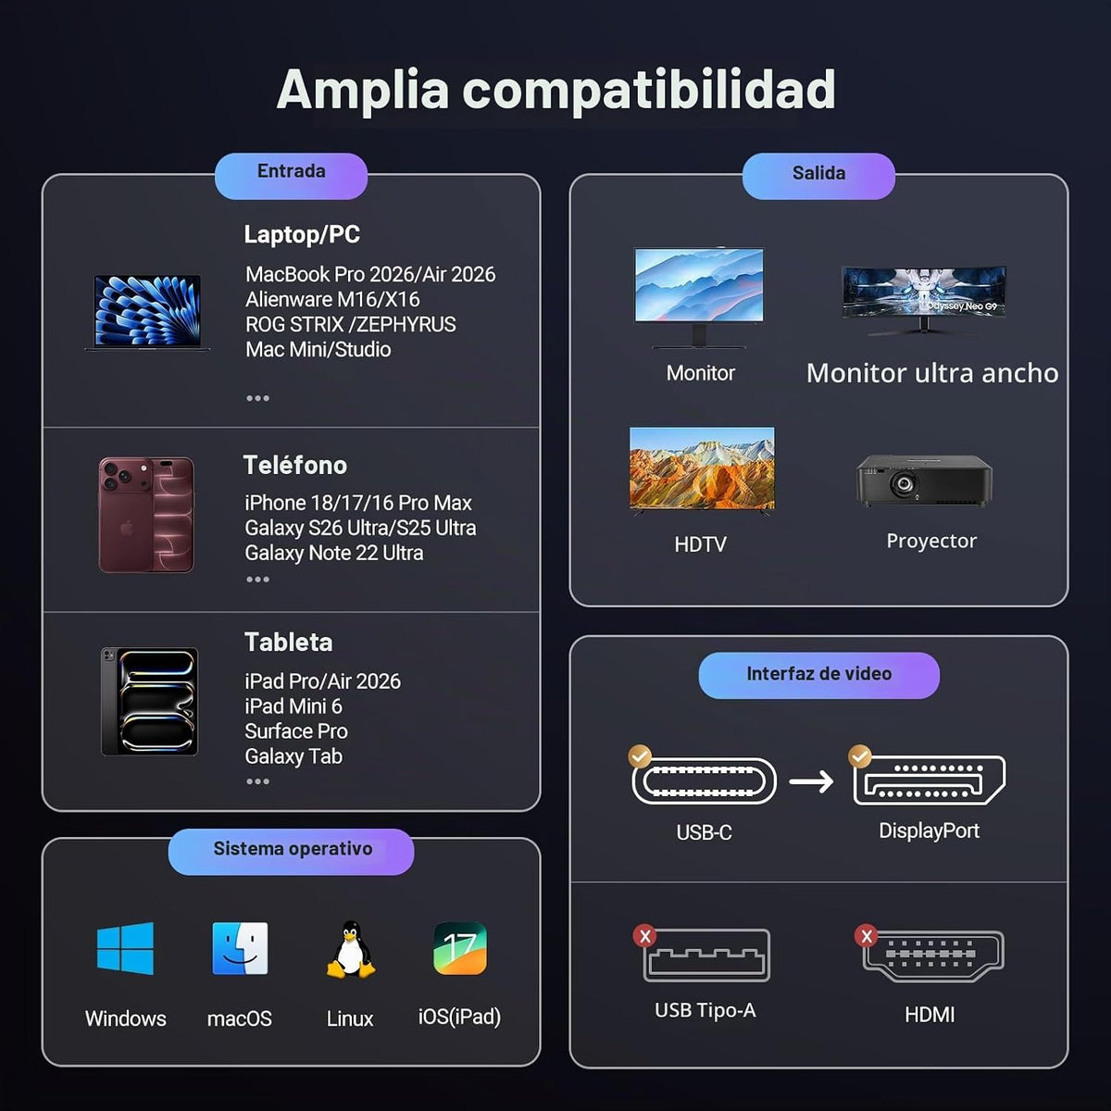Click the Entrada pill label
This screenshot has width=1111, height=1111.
click(291, 176)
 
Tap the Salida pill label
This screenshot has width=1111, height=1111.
click(818, 176)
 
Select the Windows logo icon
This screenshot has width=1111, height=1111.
click(125, 948)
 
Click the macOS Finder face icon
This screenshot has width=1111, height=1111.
click(240, 948)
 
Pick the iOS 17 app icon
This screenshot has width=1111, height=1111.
click(460, 948)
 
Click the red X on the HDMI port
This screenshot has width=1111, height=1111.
click(866, 936)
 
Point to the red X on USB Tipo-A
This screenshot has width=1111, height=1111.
click(645, 936)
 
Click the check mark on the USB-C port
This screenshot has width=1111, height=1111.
click(640, 755)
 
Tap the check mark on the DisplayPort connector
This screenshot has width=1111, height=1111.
click(860, 755)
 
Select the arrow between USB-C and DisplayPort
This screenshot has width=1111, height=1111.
click(812, 781)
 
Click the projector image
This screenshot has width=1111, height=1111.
click(924, 481)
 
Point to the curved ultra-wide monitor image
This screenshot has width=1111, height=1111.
click(924, 300)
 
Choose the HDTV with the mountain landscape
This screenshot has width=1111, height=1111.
click(702, 471)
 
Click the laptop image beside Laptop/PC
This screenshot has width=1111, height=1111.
click(147, 313)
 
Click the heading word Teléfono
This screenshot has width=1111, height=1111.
click(295, 466)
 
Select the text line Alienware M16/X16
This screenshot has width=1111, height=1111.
click(332, 299)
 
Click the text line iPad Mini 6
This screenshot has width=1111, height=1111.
click(293, 706)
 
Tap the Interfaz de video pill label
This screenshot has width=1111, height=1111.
click(818, 674)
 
